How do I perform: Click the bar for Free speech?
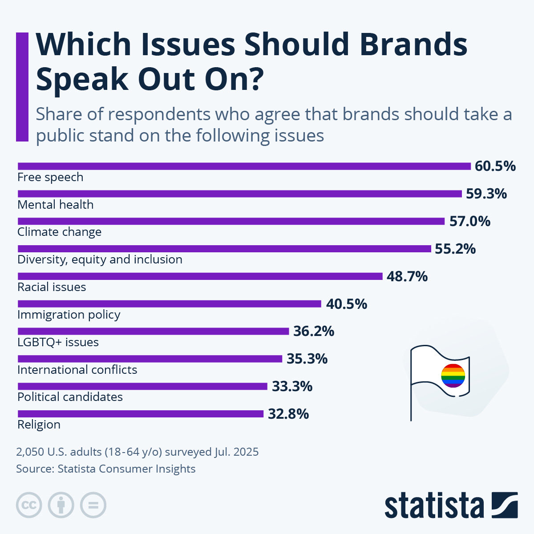pyautogui.click(x=244, y=166)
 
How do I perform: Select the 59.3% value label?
pyautogui.click(x=486, y=194)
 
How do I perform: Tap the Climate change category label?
pyautogui.click(x=59, y=232)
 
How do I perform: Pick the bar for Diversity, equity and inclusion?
pyautogui.click(x=224, y=248)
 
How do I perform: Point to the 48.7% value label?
pyautogui.click(x=407, y=276)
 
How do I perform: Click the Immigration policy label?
pyautogui.click(x=69, y=315)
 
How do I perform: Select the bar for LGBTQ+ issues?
pyautogui.click(x=153, y=331)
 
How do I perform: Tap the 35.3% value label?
pyautogui.click(x=307, y=359)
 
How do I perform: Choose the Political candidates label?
pyautogui.click(x=70, y=396)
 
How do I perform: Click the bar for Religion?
pyautogui.click(x=140, y=414)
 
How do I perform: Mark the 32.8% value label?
pyautogui.click(x=288, y=414)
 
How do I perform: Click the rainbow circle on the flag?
pyautogui.click(x=453, y=376)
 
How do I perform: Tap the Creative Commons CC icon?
pyautogui.click(x=29, y=505)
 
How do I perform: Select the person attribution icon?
pyautogui.click(x=61, y=505)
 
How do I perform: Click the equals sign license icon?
pyautogui.click(x=93, y=505)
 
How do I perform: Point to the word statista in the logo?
pyautogui.click(x=434, y=506)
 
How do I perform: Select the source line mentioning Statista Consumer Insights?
pyautogui.click(x=105, y=469)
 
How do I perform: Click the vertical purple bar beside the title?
pyautogui.click(x=22, y=87)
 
